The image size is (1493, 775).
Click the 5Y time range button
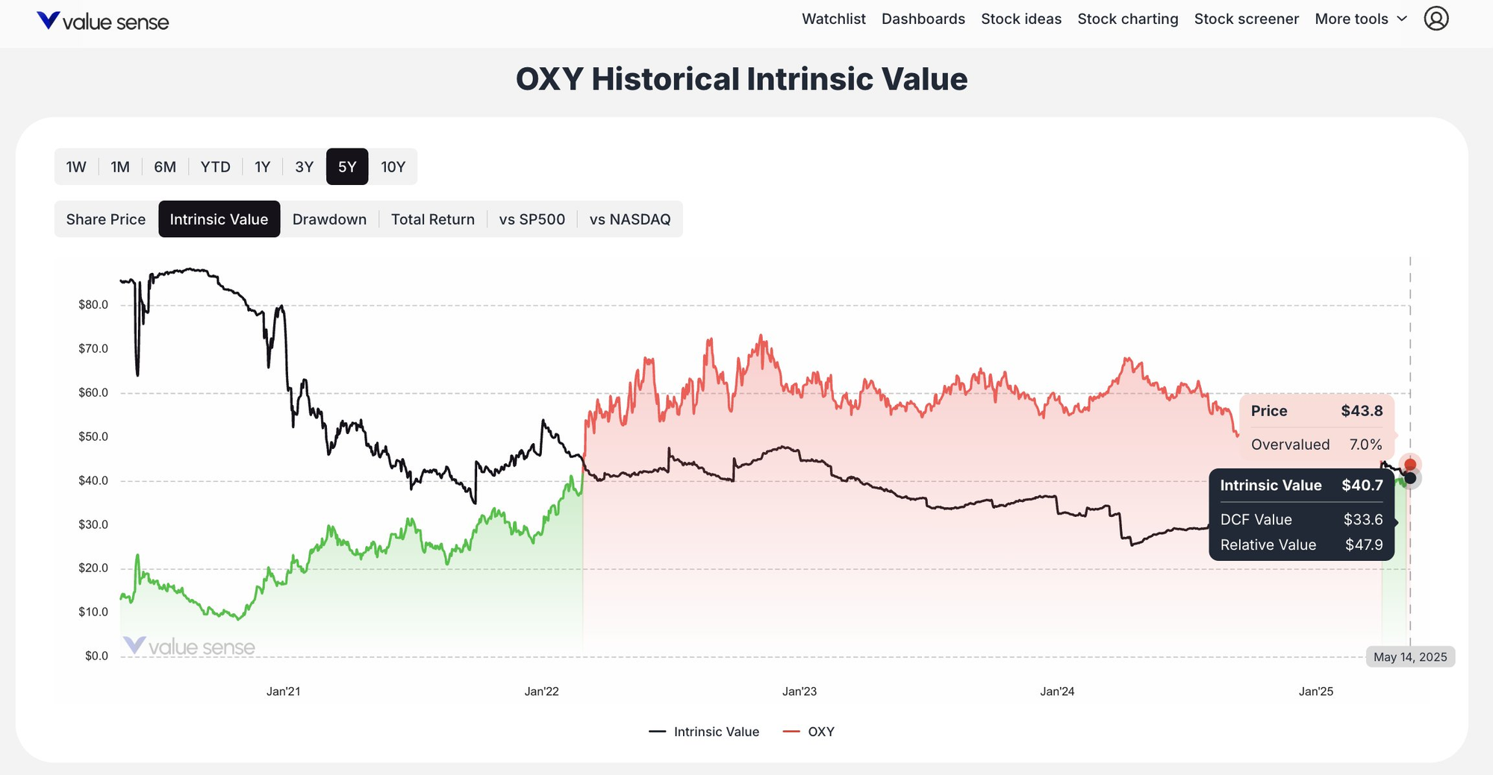pos(347,166)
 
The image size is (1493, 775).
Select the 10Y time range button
pos(393,166)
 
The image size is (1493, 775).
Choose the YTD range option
pos(215,166)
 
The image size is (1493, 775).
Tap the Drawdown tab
pos(329,219)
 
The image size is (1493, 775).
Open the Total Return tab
pos(432,219)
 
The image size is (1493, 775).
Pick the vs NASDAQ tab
pos(629,219)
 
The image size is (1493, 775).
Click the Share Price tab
pos(106,219)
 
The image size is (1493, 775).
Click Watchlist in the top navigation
pos(833,19)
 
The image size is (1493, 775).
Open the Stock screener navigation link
pos(1246,19)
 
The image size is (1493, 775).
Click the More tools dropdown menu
pos(1360,19)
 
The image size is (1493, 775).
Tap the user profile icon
pos(1436,19)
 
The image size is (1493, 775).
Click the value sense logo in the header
pos(103,21)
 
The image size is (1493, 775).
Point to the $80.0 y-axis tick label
pos(93,304)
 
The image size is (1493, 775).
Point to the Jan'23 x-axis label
pos(799,691)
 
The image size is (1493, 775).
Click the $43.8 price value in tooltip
pos(1362,411)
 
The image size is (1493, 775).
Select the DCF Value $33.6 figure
pos(1363,519)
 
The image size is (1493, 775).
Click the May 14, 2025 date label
pos(1410,657)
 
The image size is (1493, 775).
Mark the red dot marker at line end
pos(1410,465)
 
